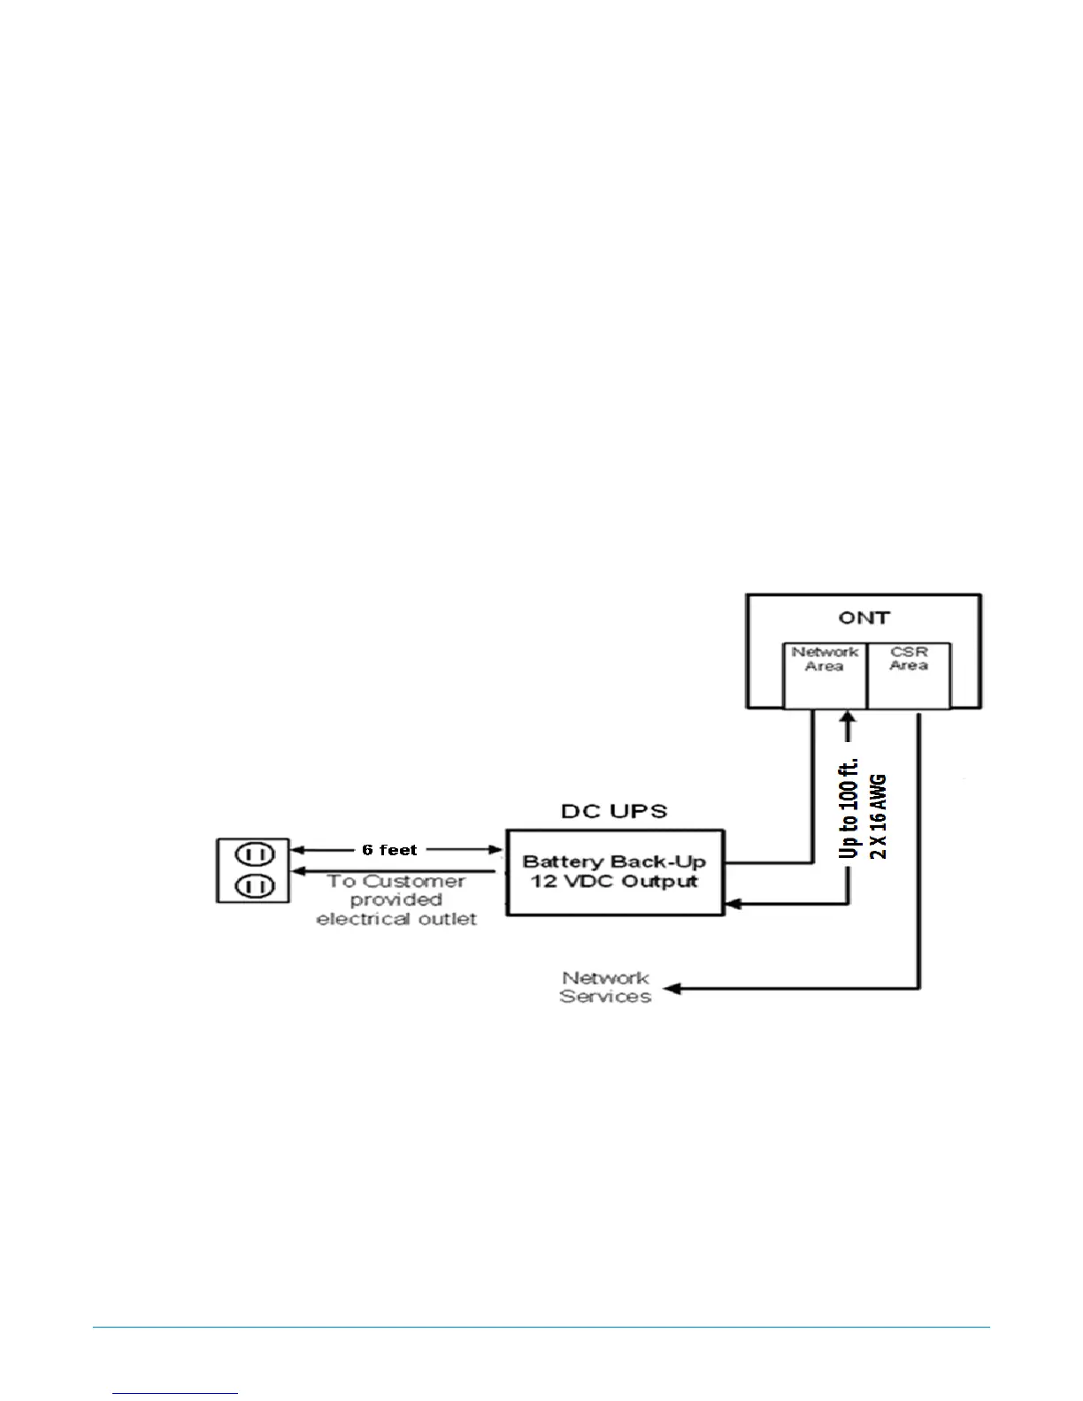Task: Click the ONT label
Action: click(864, 617)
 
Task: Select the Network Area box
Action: click(825, 676)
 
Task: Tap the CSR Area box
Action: click(909, 676)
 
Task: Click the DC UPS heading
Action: click(614, 811)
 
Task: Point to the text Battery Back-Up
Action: click(614, 861)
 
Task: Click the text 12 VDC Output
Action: click(614, 882)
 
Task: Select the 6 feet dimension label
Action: click(389, 850)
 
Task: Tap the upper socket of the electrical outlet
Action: click(254, 854)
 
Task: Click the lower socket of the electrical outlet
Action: click(254, 884)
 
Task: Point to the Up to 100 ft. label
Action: click(849, 808)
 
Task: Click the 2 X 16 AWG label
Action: click(879, 815)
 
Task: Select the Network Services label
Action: click(605, 987)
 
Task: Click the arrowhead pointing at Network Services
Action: click(672, 988)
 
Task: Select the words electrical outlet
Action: click(396, 919)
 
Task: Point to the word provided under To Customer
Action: click(396, 900)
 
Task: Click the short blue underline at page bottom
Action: click(175, 1393)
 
